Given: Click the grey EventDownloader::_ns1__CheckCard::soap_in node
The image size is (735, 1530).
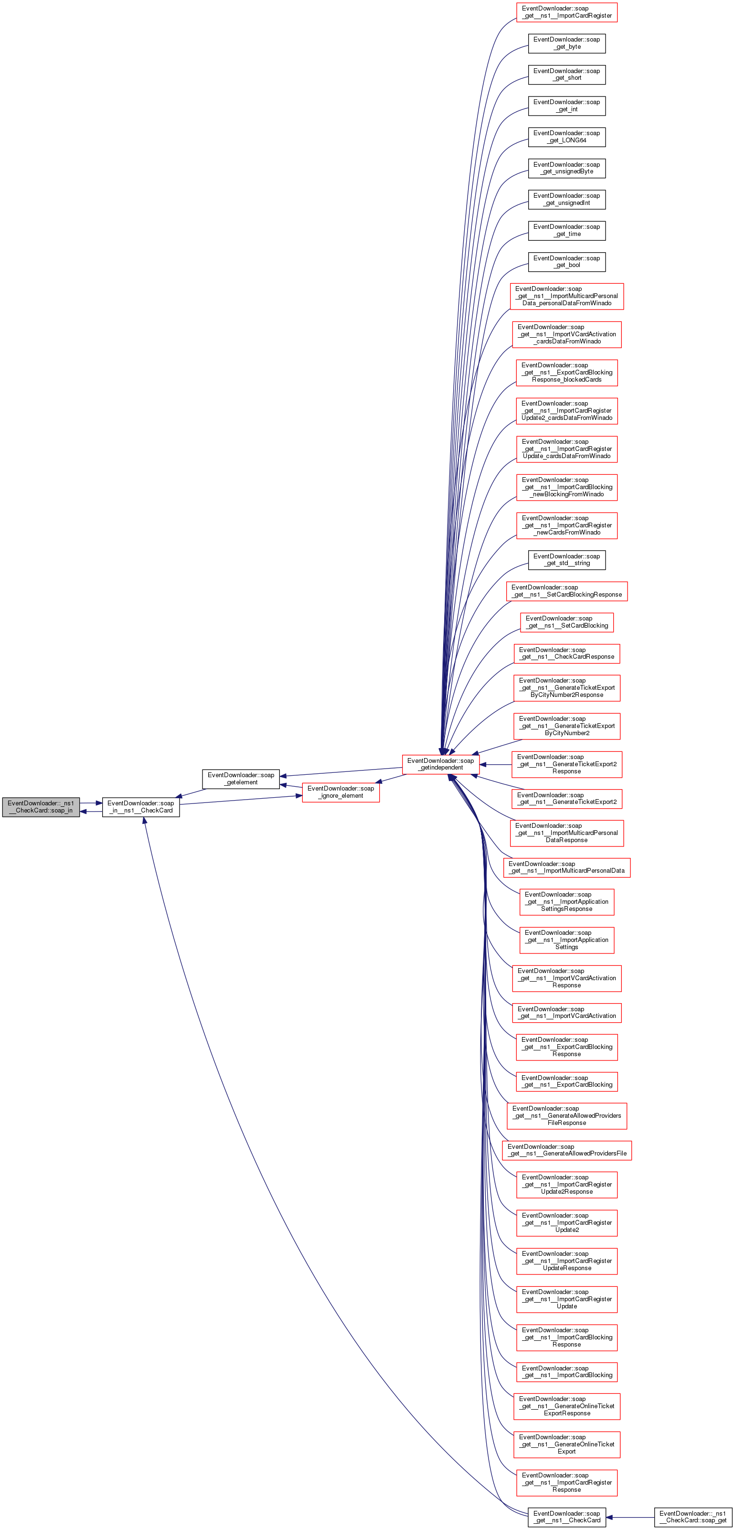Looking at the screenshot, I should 41,807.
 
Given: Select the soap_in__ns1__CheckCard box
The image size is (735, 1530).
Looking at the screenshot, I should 141,807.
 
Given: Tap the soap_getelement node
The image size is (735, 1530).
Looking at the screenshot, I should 241,779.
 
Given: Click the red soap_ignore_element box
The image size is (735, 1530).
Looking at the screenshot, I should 341,792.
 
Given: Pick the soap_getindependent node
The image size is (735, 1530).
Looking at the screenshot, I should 440,764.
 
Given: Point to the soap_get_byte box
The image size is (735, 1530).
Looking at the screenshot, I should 566,43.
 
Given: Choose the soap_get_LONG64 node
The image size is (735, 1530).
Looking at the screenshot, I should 566,137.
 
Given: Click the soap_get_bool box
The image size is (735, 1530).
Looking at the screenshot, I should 566,261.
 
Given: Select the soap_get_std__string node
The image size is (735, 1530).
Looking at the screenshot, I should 566,559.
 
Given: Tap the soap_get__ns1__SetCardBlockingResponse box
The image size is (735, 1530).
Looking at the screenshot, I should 566,591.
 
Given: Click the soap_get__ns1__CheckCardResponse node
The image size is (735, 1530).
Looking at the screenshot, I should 566,653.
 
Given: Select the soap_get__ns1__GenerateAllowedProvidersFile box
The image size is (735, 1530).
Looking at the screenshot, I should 566,1150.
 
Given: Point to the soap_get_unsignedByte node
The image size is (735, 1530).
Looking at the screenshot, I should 566,168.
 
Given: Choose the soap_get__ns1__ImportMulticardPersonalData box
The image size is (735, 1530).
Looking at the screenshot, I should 566,867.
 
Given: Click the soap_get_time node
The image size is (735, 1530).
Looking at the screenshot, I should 566,230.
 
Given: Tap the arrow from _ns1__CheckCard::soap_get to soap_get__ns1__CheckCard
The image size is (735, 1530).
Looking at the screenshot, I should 629,1517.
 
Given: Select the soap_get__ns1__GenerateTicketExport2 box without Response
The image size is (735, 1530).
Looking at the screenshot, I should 566,798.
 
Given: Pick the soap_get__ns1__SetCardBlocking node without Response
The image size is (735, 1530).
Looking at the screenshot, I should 566,622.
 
